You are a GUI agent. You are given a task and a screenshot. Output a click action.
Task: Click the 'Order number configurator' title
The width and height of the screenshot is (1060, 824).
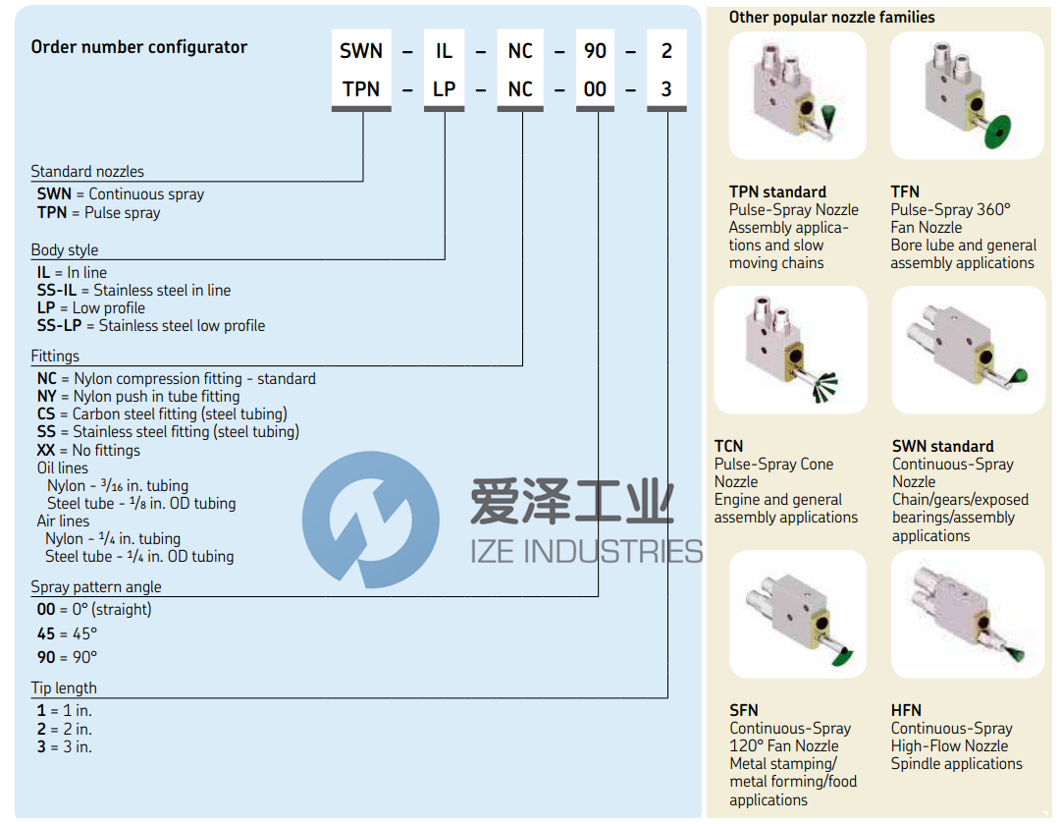click(138, 47)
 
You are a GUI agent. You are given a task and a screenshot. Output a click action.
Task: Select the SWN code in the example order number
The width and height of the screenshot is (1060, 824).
click(360, 52)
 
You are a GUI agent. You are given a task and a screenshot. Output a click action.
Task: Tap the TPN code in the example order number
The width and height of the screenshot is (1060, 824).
click(360, 89)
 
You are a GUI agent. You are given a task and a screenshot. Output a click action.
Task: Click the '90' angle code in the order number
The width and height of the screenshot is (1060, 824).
click(595, 52)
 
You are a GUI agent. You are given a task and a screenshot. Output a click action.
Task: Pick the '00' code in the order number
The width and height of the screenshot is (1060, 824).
click(595, 89)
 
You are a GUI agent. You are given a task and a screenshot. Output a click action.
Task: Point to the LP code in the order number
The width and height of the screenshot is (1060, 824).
click(444, 89)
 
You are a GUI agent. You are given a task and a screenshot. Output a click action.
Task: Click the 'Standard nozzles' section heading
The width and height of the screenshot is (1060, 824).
click(87, 172)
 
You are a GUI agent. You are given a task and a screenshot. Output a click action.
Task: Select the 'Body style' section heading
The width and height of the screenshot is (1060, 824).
click(65, 250)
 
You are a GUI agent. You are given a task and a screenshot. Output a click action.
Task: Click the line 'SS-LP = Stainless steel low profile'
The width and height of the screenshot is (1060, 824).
click(151, 326)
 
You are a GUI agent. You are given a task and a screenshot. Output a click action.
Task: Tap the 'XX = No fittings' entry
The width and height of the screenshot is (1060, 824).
click(88, 451)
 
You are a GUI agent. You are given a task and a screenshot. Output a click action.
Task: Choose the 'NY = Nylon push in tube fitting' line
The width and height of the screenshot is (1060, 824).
click(138, 397)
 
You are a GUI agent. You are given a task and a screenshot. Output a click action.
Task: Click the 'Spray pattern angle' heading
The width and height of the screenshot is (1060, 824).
click(96, 587)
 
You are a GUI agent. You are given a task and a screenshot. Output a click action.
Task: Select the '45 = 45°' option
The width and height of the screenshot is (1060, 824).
click(67, 634)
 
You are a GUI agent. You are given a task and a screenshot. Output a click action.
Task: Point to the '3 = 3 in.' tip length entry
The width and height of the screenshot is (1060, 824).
click(65, 747)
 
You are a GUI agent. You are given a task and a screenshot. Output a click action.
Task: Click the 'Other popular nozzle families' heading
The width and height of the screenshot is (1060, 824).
click(831, 18)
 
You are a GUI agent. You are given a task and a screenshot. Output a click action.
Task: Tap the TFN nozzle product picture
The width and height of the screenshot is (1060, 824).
click(967, 95)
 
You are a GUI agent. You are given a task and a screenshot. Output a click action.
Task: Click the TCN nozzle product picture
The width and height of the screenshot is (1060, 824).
click(791, 350)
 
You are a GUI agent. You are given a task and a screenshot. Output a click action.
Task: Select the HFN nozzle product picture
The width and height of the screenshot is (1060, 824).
click(967, 614)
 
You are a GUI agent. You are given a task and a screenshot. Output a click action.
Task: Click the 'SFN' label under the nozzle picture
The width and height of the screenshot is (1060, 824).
click(744, 710)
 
